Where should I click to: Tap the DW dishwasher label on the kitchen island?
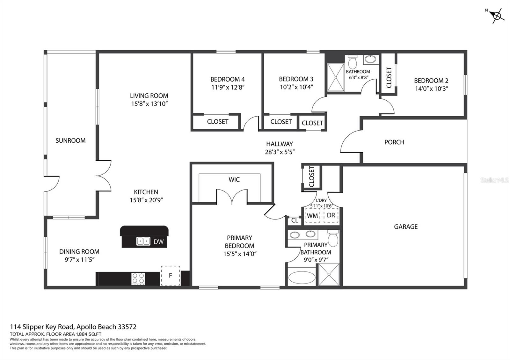pyautogui.click(x=158, y=242)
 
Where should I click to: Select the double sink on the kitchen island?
pyautogui.click(x=143, y=241)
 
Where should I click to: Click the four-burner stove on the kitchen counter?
pyautogui.click(x=138, y=278)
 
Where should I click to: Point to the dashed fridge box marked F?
pyautogui.click(x=171, y=276)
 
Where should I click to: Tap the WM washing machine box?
pyautogui.click(x=313, y=215)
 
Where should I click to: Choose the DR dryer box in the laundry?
pyautogui.click(x=331, y=215)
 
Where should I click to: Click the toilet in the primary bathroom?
pyautogui.click(x=333, y=239)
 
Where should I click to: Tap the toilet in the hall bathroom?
pyautogui.click(x=353, y=62)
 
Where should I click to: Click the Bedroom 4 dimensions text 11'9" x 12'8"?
pyautogui.click(x=228, y=87)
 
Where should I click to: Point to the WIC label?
pyautogui.click(x=234, y=180)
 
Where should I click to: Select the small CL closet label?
pyautogui.click(x=295, y=220)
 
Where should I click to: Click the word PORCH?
pyautogui.click(x=394, y=142)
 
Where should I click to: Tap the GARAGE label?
pyautogui.click(x=406, y=227)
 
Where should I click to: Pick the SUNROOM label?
pyautogui.click(x=70, y=140)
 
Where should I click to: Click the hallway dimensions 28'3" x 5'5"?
pyautogui.click(x=280, y=152)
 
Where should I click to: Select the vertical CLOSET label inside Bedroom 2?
pyautogui.click(x=389, y=77)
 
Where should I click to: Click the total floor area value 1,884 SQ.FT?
pyautogui.click(x=89, y=334)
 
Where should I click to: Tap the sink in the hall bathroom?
pyautogui.click(x=370, y=59)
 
